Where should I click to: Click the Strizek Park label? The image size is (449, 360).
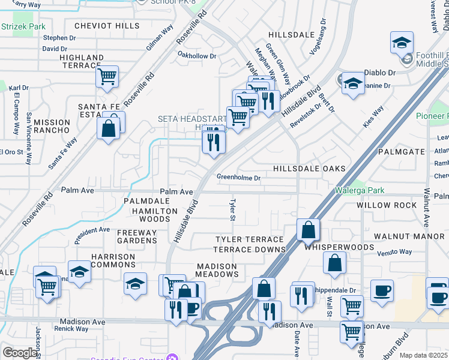tap(23, 27)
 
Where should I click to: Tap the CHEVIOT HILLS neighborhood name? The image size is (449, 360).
tap(107, 26)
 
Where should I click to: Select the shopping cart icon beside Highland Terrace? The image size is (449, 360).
tap(107, 76)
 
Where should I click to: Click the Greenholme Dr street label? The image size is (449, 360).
tap(238, 178)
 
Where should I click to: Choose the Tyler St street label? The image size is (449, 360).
tap(231, 210)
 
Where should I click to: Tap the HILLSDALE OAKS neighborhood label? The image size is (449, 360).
tap(309, 169)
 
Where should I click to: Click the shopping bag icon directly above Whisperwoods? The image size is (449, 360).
tap(308, 230)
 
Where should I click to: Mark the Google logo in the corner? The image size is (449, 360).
tap(20, 353)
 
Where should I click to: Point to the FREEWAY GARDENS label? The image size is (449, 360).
tap(137, 236)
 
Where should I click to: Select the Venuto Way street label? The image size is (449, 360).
tap(394, 253)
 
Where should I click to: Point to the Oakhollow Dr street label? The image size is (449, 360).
tap(196, 56)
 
